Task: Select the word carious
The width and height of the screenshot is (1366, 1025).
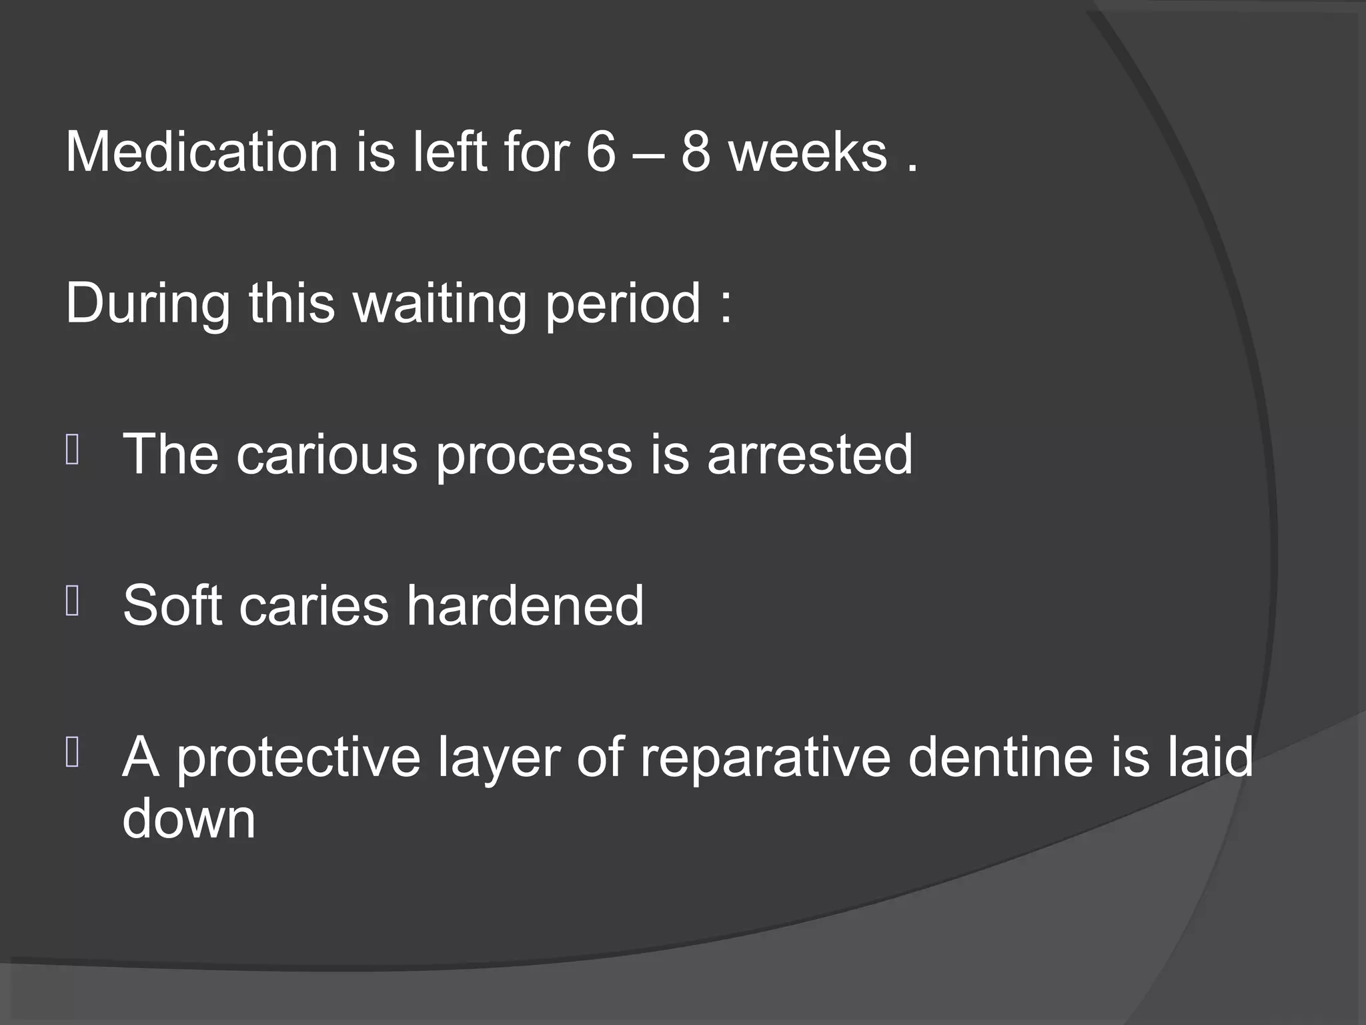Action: [x=327, y=454]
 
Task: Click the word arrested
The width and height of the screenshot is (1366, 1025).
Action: [x=810, y=454]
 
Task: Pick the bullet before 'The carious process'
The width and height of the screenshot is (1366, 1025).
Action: [x=73, y=450]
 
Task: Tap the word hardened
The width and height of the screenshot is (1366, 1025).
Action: [x=525, y=605]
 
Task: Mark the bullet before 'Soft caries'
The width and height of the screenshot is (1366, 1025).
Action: [x=73, y=601]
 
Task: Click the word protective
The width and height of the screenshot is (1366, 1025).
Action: [x=298, y=757]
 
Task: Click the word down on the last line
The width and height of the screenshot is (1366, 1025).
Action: [x=189, y=819]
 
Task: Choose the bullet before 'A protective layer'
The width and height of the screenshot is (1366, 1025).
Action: [x=73, y=753]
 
